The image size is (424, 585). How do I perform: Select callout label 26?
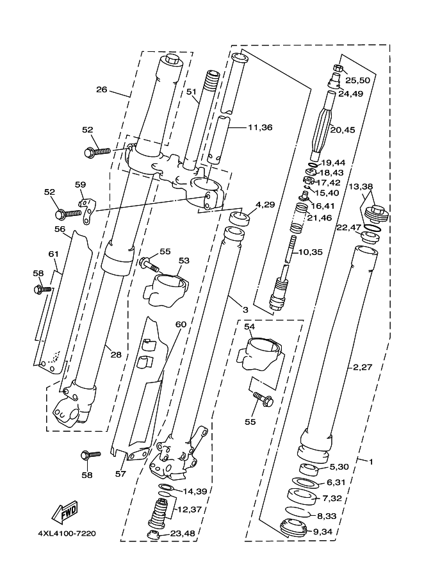point(101,89)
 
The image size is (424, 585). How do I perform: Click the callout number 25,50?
point(357,80)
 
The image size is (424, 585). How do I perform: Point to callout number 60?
point(181,324)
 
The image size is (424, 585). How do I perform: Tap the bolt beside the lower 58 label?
point(90,456)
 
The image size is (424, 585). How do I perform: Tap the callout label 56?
point(60,229)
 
